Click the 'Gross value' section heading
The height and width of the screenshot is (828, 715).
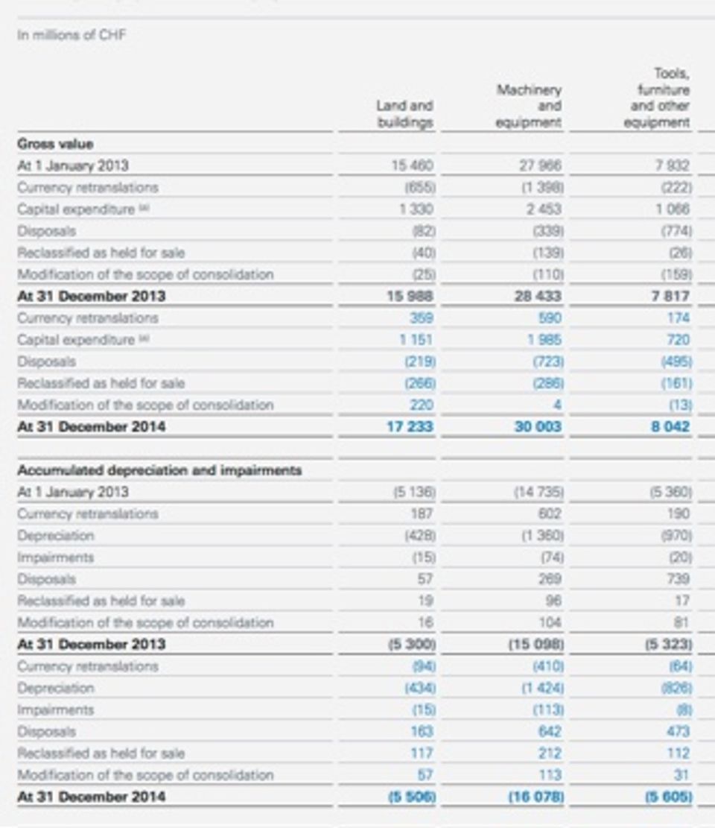click(x=55, y=144)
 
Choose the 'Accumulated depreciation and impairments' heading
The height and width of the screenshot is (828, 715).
click(x=159, y=470)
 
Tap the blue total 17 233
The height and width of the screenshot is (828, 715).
click(x=412, y=427)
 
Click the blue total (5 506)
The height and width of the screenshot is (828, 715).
click(x=412, y=797)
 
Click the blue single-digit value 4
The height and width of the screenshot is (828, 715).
click(x=557, y=405)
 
